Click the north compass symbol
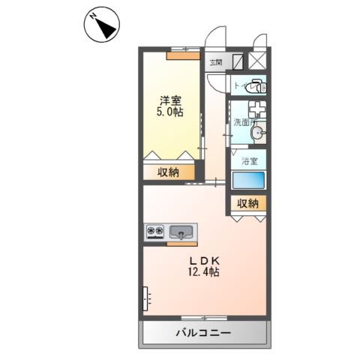100,27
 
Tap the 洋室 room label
170,99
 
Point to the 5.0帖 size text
170,112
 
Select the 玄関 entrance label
216,62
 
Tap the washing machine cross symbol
256,106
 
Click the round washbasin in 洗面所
259,133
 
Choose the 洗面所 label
243,121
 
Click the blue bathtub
248,181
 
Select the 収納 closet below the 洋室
168,172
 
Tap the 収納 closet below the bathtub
248,203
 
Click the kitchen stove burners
155,231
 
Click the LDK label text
203,261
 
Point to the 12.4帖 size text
203,273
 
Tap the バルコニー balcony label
203,332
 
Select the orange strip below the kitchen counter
181,243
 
